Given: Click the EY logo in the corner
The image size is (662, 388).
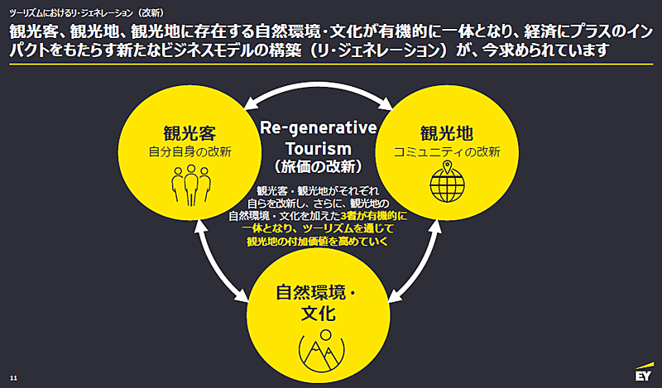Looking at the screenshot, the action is (645, 372).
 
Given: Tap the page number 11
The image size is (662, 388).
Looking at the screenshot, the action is (13, 378).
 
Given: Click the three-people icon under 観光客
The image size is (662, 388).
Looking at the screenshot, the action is (191, 185).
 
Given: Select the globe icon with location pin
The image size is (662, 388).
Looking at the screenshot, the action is (447, 181).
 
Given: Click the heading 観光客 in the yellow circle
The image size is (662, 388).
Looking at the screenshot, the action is (190, 133).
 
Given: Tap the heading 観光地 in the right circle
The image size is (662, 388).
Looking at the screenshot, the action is (447, 133).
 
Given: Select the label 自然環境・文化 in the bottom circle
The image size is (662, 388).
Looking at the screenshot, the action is (318, 303).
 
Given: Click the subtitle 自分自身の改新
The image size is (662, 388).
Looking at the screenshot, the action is (190, 152).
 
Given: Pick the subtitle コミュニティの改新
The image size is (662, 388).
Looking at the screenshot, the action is (447, 152).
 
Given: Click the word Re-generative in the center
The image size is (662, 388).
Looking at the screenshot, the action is (319, 128).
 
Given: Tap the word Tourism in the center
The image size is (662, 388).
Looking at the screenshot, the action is (319, 149).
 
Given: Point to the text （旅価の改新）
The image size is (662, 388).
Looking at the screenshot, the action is (319, 166).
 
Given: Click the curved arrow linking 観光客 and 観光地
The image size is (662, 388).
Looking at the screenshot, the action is (319, 86).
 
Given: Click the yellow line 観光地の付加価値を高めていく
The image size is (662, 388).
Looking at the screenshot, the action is (318, 242).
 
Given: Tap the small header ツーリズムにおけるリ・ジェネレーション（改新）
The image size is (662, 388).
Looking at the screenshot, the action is (87, 13).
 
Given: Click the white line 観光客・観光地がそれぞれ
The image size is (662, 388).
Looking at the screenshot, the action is (318, 191).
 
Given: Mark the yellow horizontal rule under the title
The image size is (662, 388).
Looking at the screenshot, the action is (331, 65).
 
